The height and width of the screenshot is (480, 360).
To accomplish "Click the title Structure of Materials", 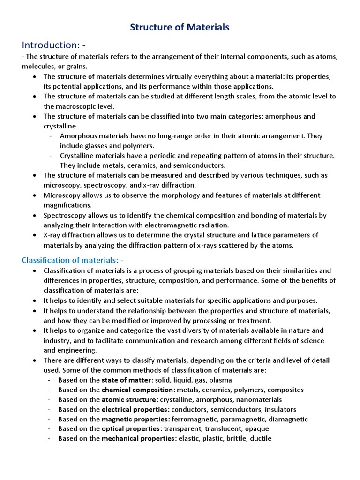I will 180,27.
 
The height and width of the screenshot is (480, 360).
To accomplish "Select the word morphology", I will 176,195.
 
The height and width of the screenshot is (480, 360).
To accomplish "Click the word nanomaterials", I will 259,399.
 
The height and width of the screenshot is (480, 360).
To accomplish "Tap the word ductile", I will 261,439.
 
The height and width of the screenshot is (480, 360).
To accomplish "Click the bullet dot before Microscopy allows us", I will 35,195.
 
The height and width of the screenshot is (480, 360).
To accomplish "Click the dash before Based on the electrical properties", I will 50,409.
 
